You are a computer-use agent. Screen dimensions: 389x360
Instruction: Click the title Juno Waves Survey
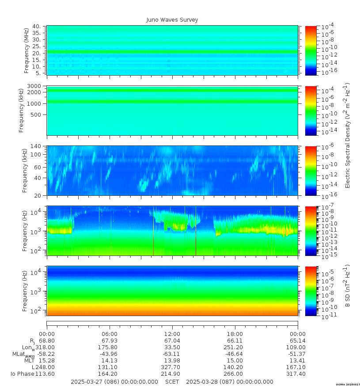point(172,20)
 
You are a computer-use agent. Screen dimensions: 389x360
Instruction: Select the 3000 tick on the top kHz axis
point(35,86)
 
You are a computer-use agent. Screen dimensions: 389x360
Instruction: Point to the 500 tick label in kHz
point(36,114)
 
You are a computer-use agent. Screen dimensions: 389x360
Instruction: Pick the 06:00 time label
point(110,334)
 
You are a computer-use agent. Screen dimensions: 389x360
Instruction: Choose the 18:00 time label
point(235,334)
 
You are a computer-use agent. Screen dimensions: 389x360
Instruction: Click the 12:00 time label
point(172,334)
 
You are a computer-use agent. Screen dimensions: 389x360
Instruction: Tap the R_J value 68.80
point(47,341)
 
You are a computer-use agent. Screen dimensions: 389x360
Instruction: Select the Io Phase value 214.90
point(172,374)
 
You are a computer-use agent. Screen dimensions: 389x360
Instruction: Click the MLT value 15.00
point(235,361)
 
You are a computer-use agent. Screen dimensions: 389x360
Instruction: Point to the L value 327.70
point(172,367)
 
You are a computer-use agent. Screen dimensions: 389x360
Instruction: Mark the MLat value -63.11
point(172,354)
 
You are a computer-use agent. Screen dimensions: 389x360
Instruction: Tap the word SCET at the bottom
point(172,381)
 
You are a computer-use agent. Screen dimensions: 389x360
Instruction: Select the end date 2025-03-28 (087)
point(230,381)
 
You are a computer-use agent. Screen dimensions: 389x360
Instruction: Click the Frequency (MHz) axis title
point(27,50)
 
